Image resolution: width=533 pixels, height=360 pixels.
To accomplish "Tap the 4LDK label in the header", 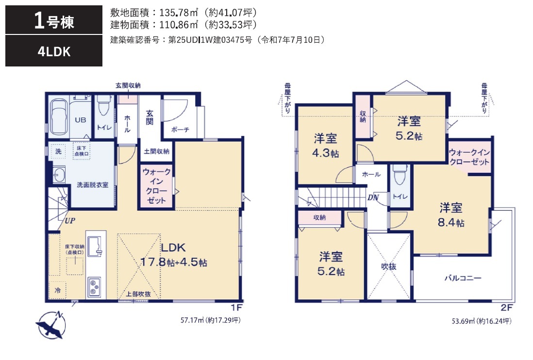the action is click(54, 51).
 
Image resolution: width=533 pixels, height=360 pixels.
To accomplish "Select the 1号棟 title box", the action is click(54, 20).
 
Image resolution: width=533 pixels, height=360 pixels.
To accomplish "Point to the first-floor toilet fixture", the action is click(104, 106).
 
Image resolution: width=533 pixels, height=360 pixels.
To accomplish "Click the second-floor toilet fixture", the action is click(400, 175).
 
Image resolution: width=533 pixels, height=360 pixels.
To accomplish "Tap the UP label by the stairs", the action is click(70, 221).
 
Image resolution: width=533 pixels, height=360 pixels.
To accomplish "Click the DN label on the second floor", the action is click(373, 197).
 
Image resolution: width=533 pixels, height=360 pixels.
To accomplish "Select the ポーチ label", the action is click(180, 130).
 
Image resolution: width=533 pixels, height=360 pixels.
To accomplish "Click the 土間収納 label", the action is click(156, 151).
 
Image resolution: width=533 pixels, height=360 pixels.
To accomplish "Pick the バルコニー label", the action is click(463, 278).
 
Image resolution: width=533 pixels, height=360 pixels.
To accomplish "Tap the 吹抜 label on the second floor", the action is click(388, 267).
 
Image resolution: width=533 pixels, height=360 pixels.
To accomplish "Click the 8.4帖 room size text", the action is click(451, 222).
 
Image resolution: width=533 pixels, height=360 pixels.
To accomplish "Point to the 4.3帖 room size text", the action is click(325, 153).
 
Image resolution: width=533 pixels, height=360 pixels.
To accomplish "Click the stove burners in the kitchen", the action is click(94, 287).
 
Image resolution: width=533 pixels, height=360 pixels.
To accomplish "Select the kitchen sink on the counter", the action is click(95, 246).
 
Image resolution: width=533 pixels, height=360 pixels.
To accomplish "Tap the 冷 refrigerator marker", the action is click(58, 290).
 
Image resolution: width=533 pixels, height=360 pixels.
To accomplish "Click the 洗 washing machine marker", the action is click(58, 151).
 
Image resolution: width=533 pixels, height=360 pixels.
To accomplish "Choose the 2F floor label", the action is click(506, 308).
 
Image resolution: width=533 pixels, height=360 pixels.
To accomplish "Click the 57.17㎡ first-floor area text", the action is click(192, 320).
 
